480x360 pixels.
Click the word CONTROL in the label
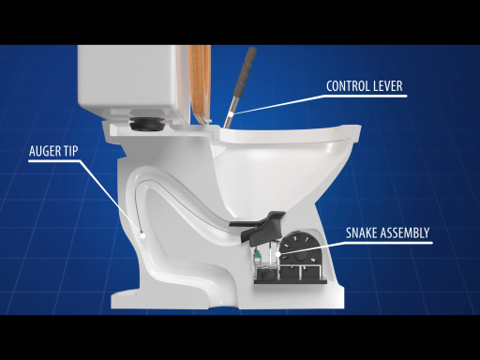(348, 86)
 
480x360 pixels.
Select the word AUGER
(43, 151)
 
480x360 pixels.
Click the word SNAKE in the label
(360, 233)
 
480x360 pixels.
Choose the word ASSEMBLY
(404, 233)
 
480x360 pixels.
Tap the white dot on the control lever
(231, 114)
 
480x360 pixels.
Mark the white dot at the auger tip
(142, 235)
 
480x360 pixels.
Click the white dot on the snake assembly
(278, 254)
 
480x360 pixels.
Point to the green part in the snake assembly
(257, 254)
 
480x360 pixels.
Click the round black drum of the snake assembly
(299, 250)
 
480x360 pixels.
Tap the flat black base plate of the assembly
(291, 281)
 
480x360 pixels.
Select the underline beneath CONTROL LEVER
(367, 96)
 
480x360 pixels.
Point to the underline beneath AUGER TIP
(53, 161)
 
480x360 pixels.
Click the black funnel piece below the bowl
(259, 226)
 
